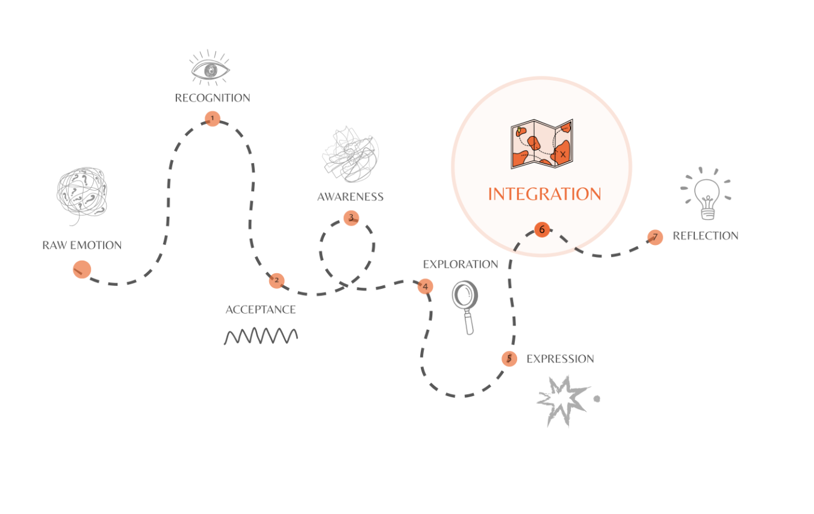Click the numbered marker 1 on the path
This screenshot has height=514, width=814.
pyautogui.click(x=213, y=119)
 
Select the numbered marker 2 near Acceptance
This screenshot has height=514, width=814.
pyautogui.click(x=276, y=280)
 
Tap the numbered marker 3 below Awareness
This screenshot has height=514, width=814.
pyautogui.click(x=351, y=218)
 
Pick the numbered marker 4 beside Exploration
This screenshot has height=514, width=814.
pyautogui.click(x=425, y=286)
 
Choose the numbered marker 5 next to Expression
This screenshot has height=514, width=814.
pyautogui.click(x=509, y=359)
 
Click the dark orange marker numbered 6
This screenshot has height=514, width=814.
pyautogui.click(x=542, y=229)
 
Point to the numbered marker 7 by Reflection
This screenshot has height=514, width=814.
pyautogui.click(x=655, y=237)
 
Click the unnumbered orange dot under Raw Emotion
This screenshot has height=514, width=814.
pyautogui.click(x=82, y=270)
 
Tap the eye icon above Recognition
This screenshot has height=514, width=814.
pyautogui.click(x=210, y=68)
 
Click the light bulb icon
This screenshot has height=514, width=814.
pyautogui.click(x=706, y=194)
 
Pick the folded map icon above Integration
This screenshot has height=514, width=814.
pyautogui.click(x=542, y=144)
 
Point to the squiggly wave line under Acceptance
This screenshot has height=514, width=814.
pyautogui.click(x=261, y=336)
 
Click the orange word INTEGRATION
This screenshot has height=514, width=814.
pyautogui.click(x=544, y=194)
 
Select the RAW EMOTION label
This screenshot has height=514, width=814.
pyautogui.click(x=82, y=245)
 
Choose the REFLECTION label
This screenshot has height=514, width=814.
pyautogui.click(x=706, y=236)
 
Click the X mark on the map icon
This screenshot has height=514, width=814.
pyautogui.click(x=563, y=155)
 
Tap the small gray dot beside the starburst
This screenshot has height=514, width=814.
pyautogui.click(x=597, y=399)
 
